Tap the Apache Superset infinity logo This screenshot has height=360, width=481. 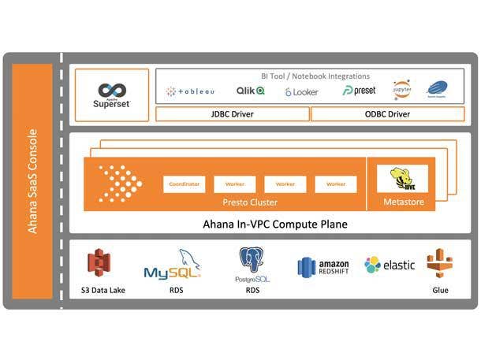click(112, 90)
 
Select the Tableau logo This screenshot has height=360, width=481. click(190, 91)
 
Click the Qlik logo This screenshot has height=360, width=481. click(250, 91)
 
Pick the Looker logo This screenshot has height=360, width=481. click(301, 91)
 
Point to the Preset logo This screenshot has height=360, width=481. click(359, 91)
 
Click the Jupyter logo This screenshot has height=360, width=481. click(402, 88)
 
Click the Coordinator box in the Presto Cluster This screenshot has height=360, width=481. click(184, 184)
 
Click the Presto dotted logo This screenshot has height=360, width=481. click(118, 184)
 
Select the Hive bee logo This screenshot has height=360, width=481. click(403, 179)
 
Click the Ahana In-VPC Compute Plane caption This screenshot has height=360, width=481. click(270, 224)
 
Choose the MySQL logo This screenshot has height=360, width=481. click(173, 267)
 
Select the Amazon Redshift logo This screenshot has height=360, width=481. click(323, 267)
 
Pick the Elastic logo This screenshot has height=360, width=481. click(390, 265)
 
